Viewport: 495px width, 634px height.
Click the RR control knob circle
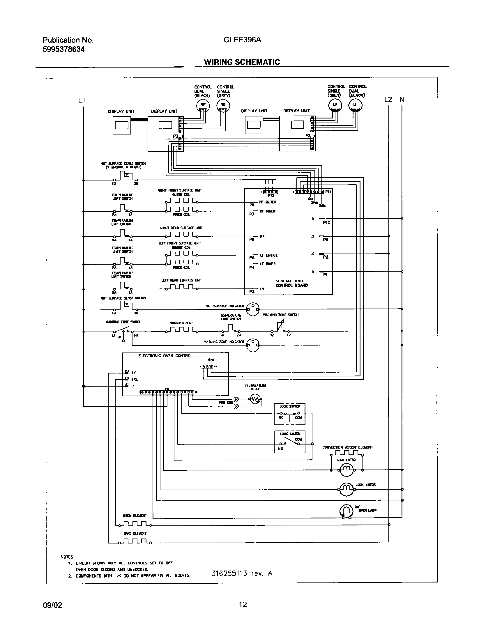click(x=223, y=106)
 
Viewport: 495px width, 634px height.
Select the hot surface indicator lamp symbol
click(x=253, y=309)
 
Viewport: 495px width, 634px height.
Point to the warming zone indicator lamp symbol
click(x=253, y=345)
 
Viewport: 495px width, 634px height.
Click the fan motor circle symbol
click(x=346, y=470)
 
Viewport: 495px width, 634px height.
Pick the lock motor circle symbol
click(x=346, y=489)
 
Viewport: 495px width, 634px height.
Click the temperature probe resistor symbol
click(x=255, y=399)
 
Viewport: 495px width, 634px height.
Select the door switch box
click(x=290, y=414)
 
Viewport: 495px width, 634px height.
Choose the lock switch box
click(x=290, y=442)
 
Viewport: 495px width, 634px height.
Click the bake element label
click(x=135, y=533)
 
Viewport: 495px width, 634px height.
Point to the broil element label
click(x=135, y=516)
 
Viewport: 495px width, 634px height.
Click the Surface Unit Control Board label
click(x=291, y=283)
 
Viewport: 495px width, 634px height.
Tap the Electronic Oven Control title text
click(x=165, y=356)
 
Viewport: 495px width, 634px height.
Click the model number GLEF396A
click(x=242, y=40)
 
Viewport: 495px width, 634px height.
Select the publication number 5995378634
click(x=64, y=49)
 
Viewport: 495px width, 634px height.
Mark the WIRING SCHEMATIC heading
click(x=242, y=62)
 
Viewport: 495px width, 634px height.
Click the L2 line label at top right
click(x=388, y=100)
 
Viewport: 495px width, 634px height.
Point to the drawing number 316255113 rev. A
click(x=242, y=573)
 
